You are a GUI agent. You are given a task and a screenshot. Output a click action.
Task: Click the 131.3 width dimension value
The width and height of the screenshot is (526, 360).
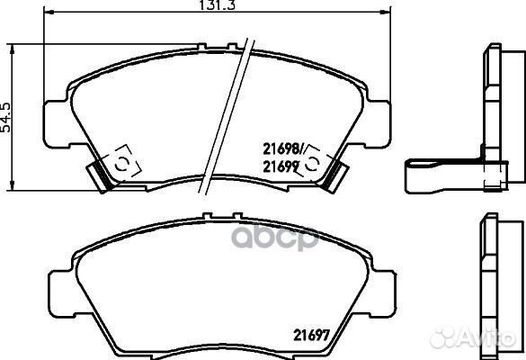(x=218, y=5)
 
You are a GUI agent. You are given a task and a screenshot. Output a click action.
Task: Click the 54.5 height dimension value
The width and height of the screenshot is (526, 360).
(x=6, y=117)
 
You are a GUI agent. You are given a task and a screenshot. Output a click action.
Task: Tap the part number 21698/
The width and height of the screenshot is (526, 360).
(x=283, y=148)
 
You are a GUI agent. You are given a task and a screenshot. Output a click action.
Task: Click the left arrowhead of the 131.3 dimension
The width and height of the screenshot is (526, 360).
(x=49, y=13)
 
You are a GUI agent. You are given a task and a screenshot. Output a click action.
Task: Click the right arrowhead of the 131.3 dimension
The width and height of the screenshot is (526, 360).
(x=386, y=13)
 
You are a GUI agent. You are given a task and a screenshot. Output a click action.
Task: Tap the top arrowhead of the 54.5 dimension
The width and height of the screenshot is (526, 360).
(x=13, y=49)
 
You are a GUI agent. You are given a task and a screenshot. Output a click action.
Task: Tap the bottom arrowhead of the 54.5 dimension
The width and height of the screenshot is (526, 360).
(x=13, y=185)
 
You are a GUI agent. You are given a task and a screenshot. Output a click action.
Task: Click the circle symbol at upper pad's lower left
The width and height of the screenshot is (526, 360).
(x=121, y=164)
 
